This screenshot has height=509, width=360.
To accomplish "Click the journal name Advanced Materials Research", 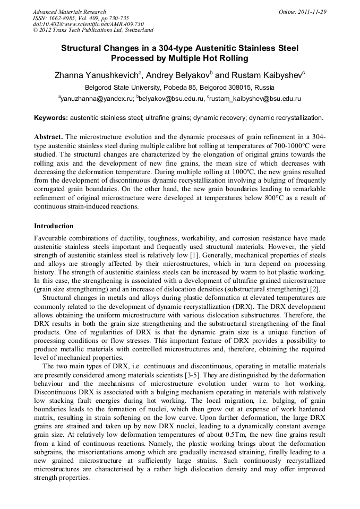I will pyautogui.click(x=69, y=12).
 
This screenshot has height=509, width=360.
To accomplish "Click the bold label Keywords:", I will pyautogui.click(x=51, y=117).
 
